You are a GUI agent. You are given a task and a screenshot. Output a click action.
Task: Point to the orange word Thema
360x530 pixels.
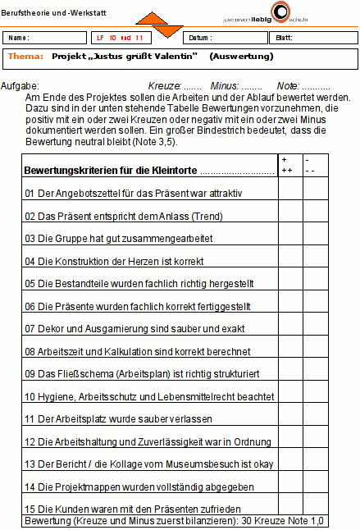point(25,57)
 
